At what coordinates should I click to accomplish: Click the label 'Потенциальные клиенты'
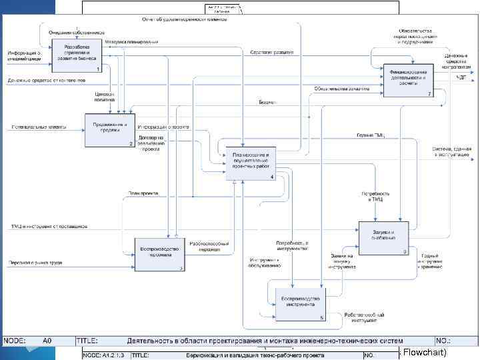click(x=33, y=127)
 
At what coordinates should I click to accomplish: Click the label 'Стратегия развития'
click(x=269, y=52)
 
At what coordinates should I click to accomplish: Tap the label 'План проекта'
click(x=143, y=193)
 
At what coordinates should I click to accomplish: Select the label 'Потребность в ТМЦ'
click(x=375, y=197)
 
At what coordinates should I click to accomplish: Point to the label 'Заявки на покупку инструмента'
click(x=342, y=261)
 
